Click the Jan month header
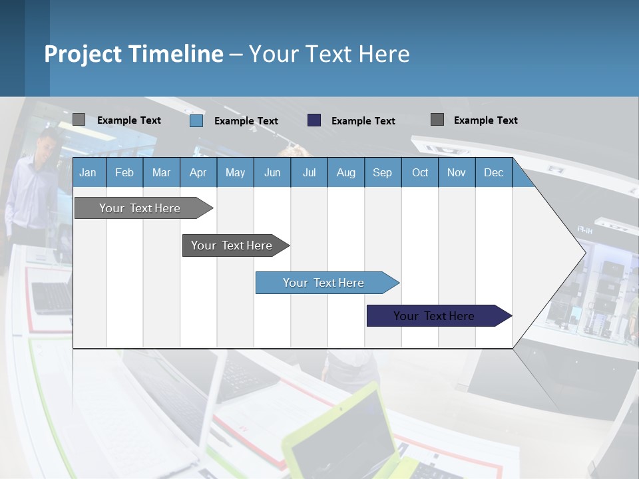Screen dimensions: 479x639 pyautogui.click(x=88, y=172)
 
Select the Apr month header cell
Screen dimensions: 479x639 pyautogui.click(x=198, y=172)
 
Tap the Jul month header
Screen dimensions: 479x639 pyautogui.click(x=309, y=172)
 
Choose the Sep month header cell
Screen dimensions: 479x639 pyautogui.click(x=382, y=172)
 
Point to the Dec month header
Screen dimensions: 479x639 pyautogui.click(x=493, y=172)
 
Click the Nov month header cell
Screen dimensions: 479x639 pyautogui.click(x=456, y=172)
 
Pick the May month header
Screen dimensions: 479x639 pyautogui.click(x=235, y=172)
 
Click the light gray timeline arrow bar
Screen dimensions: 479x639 pyautogui.click(x=140, y=208)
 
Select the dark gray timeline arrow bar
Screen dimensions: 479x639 pyautogui.click(x=232, y=245)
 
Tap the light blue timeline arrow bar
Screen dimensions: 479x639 pyautogui.click(x=323, y=283)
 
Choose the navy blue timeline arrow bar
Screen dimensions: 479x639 pyautogui.click(x=434, y=316)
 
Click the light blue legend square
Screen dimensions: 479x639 pyautogui.click(x=196, y=120)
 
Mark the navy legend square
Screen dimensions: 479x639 pyautogui.click(x=314, y=120)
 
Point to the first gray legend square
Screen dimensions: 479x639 pyautogui.click(x=79, y=120)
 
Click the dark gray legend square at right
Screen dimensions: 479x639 pyautogui.click(x=437, y=120)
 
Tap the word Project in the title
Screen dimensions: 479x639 pyautogui.click(x=83, y=54)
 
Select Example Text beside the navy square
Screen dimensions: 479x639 pyautogui.click(x=363, y=121)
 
